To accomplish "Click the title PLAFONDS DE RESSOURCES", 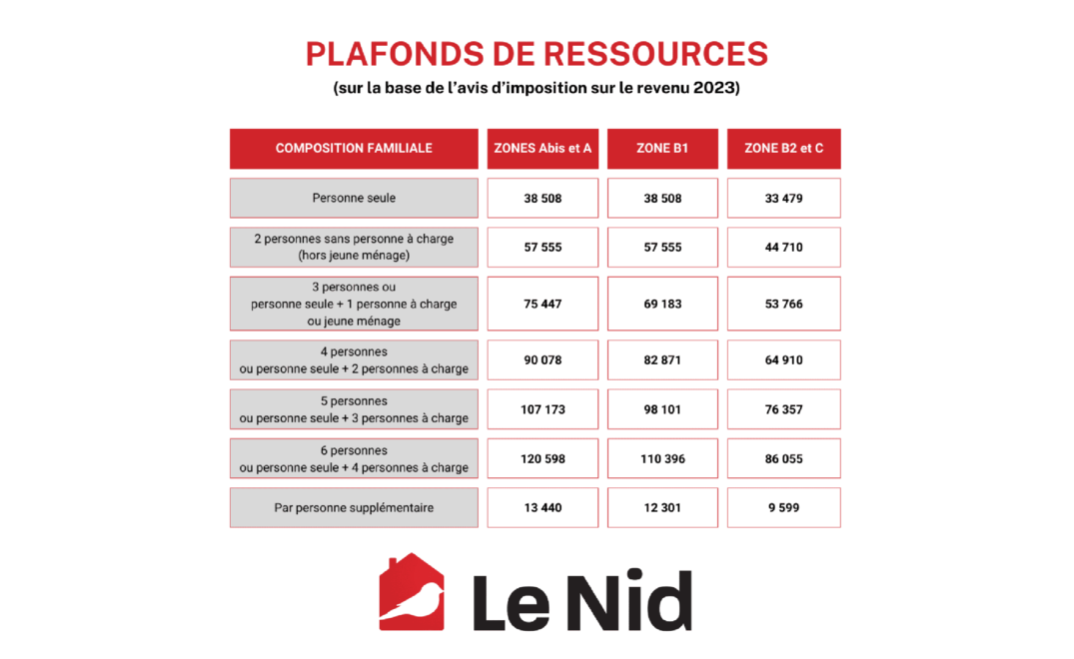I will [x=537, y=54].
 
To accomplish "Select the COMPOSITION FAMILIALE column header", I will [x=354, y=149].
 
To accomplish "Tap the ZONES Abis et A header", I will [x=542, y=149].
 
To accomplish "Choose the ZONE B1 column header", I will [x=662, y=149].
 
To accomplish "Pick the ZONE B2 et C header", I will [x=783, y=149].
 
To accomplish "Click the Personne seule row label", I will [x=354, y=198].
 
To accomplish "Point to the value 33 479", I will [x=783, y=198].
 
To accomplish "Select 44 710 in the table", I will [x=783, y=247].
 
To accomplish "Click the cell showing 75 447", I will [x=542, y=304].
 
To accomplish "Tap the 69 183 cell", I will [x=662, y=304].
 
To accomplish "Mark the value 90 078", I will [x=542, y=359].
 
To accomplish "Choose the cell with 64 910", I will [x=783, y=359].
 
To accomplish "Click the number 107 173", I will [x=542, y=409].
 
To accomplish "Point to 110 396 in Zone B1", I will [x=662, y=458].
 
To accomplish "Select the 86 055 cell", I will [x=783, y=458].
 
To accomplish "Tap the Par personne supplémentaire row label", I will [x=354, y=507].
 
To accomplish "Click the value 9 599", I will [x=783, y=507].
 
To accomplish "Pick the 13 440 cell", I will [x=542, y=507].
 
